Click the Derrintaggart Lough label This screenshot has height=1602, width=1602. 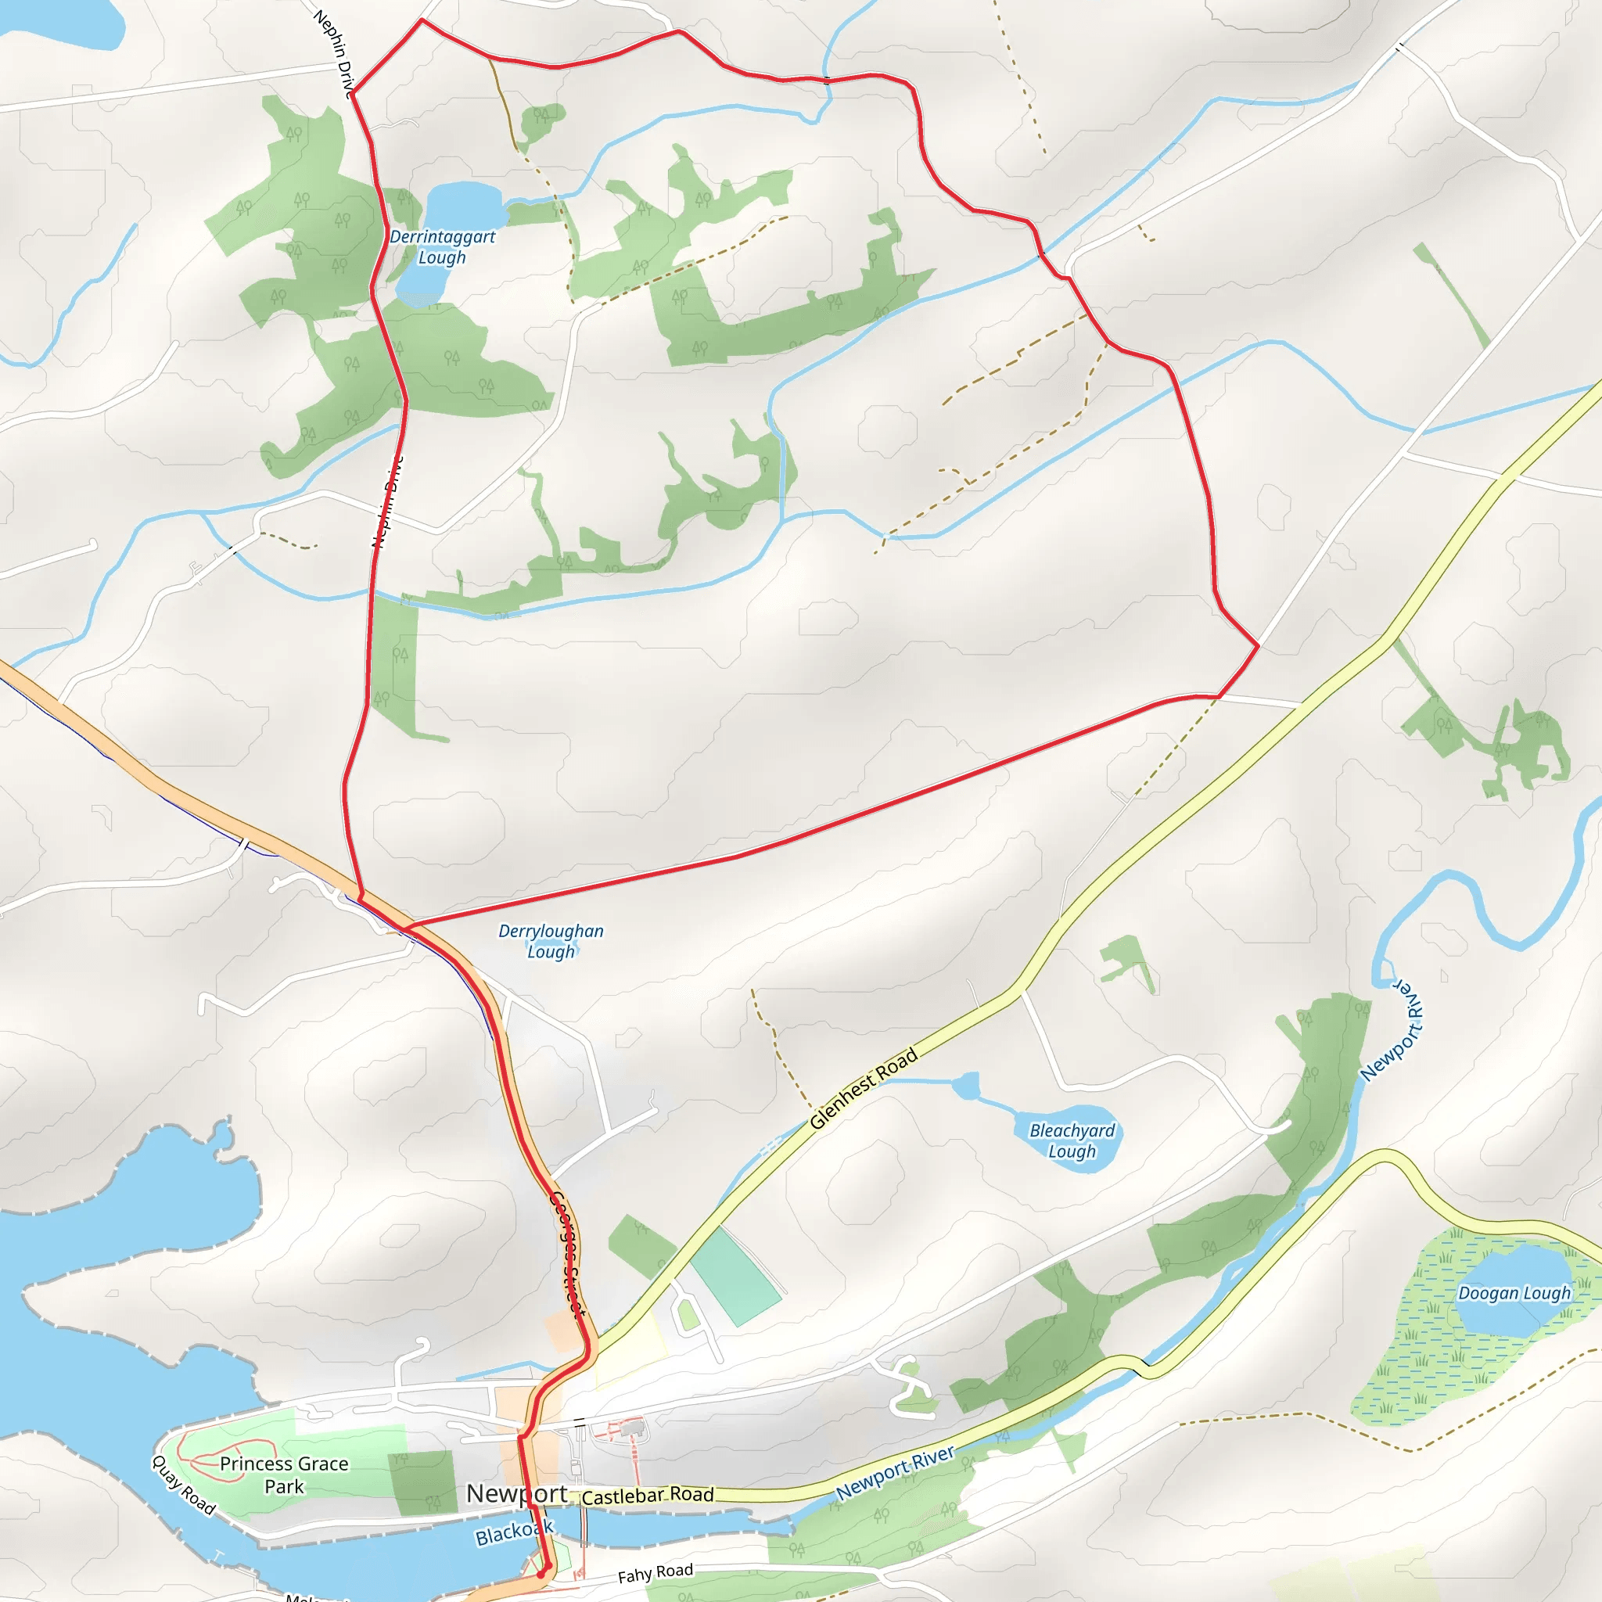coord(442,247)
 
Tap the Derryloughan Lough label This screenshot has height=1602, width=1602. coord(551,941)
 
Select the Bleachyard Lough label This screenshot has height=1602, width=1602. coord(1072,1141)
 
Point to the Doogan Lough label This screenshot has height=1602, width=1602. coord(1514,1294)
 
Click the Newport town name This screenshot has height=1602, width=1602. coord(516,1493)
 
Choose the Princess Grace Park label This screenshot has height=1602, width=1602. coord(284,1475)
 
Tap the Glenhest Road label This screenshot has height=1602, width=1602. coord(864,1089)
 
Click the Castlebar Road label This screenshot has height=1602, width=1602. coord(648,1495)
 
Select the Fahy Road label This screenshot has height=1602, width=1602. coord(655,1573)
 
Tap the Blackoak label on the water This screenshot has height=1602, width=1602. coord(514,1532)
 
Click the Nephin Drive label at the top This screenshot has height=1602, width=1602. coord(334,53)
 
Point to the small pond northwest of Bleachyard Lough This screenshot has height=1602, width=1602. coord(965,1086)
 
